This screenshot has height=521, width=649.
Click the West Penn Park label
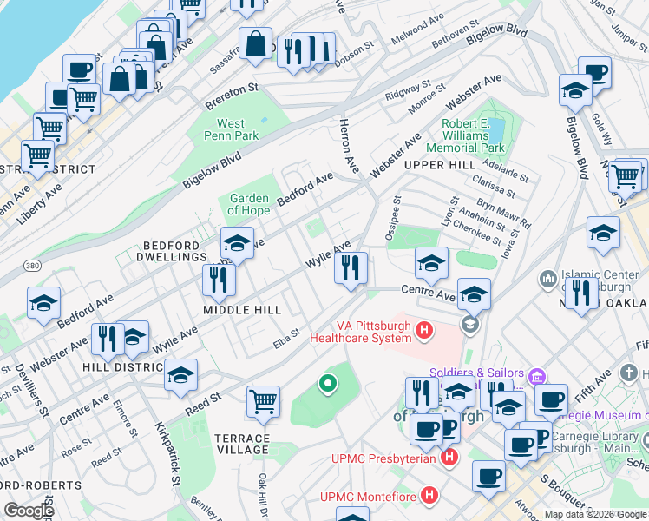(232, 129)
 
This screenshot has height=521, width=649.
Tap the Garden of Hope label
(248, 204)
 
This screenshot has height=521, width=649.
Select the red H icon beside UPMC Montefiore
(428, 496)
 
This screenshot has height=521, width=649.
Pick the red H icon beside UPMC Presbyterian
(449, 457)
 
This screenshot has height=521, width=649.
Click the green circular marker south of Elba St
(327, 382)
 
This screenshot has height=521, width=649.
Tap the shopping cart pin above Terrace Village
(263, 402)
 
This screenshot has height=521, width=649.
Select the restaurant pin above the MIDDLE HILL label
(219, 280)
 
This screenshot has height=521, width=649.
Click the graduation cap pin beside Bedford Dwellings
(237, 242)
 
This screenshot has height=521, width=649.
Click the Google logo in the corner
(29, 511)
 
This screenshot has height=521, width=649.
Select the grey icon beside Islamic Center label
(547, 279)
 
